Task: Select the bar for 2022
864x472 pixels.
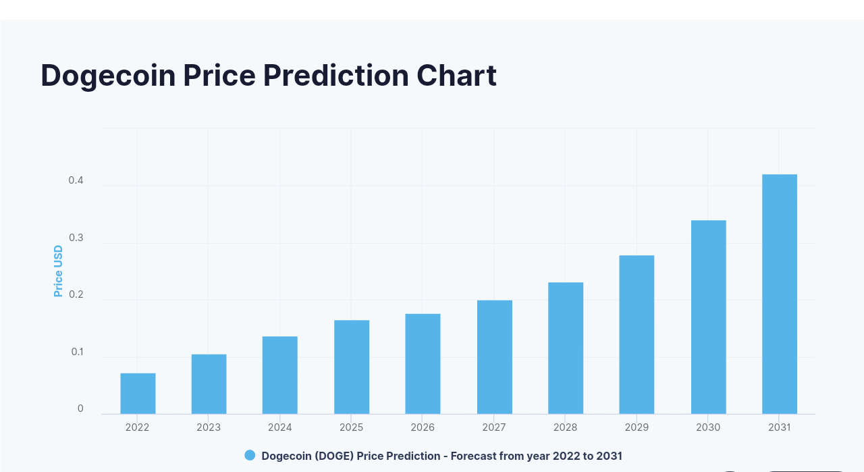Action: tap(138, 394)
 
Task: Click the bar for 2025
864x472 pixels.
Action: tap(352, 367)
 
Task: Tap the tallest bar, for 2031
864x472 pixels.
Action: tap(780, 294)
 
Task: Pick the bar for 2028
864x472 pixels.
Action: tap(566, 348)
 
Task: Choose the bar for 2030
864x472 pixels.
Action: tap(708, 317)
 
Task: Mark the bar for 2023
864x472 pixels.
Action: tap(209, 384)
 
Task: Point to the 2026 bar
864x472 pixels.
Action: tap(423, 363)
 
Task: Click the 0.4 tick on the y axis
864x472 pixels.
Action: tap(76, 181)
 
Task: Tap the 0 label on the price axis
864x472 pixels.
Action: tap(80, 409)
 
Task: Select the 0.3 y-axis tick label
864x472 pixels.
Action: tap(76, 238)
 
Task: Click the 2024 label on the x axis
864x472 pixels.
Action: tap(280, 427)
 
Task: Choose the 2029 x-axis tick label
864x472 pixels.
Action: tap(637, 427)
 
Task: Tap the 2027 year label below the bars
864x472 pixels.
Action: tap(494, 427)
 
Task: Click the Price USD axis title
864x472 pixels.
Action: tap(58, 271)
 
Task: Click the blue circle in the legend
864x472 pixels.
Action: tap(250, 456)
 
